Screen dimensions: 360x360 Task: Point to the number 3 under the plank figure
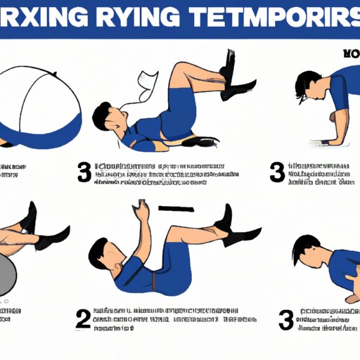[277, 172]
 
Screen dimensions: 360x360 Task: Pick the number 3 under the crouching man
[285, 319]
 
